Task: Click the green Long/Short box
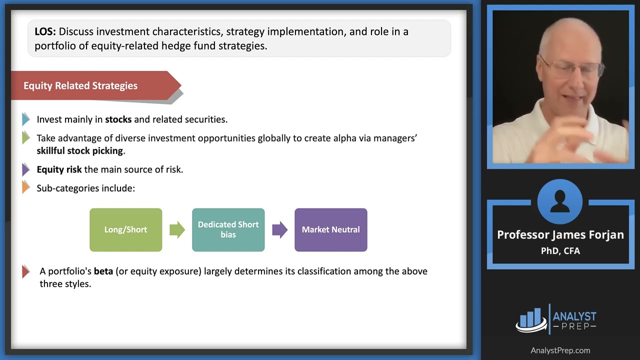tap(125, 229)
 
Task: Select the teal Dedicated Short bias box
tap(228, 229)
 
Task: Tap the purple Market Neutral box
tap(330, 229)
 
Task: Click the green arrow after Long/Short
tap(177, 229)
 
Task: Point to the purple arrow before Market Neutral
tap(279, 229)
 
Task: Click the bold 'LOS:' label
tap(45, 31)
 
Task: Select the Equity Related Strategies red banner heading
tap(80, 85)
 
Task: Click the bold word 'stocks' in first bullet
tap(118, 119)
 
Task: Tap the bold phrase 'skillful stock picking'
tap(79, 150)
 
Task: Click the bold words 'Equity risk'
tap(59, 169)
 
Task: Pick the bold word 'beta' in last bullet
tap(103, 271)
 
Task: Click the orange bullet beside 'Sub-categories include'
tap(26, 188)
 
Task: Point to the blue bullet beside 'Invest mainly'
tap(26, 119)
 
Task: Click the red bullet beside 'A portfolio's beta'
tap(26, 271)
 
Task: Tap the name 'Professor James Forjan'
tap(560, 234)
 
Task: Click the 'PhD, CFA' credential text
tap(560, 251)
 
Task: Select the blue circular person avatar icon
tap(560, 201)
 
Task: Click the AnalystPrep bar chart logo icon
tap(531, 319)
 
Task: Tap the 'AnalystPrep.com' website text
tap(560, 350)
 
